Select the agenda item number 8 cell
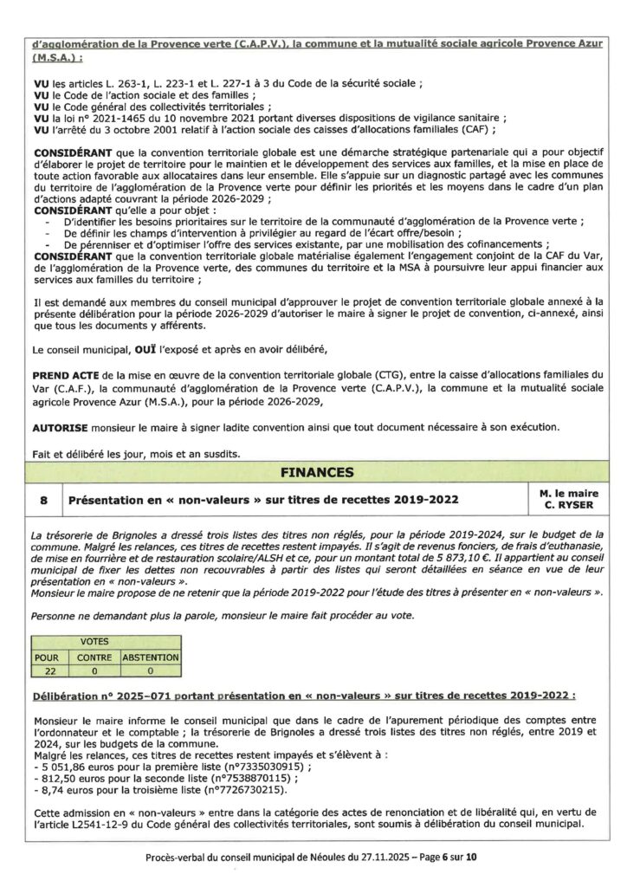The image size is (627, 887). pos(44,501)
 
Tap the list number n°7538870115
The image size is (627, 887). pos(234,780)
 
